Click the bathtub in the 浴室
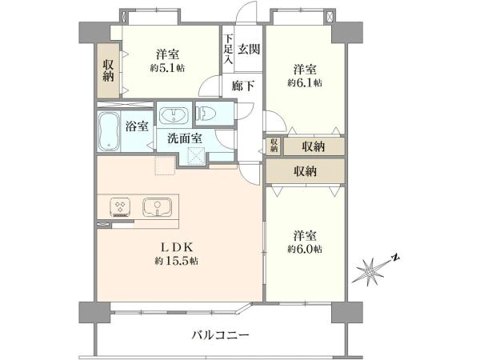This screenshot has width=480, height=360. [x=108, y=131]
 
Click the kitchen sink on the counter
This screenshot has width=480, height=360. [x=157, y=207]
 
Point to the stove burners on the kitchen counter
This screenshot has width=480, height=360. [x=120, y=207]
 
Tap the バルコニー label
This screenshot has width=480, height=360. [x=221, y=334]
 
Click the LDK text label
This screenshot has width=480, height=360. [x=177, y=246]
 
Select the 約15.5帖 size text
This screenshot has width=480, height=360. [x=176, y=261]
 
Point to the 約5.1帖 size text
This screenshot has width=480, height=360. [x=167, y=68]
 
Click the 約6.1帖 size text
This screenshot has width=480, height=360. [x=305, y=82]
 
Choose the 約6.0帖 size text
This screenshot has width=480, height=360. [x=305, y=249]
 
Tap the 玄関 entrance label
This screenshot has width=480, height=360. [x=249, y=49]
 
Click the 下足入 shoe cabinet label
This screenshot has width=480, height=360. [x=228, y=50]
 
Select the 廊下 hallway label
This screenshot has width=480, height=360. [x=242, y=86]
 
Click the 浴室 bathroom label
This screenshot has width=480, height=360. [x=137, y=126]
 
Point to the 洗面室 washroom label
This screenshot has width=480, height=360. [x=185, y=138]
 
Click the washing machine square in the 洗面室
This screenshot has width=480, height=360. [x=196, y=155]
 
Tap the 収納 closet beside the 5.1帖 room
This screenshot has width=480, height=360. [x=108, y=70]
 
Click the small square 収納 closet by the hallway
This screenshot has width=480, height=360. [x=274, y=146]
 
